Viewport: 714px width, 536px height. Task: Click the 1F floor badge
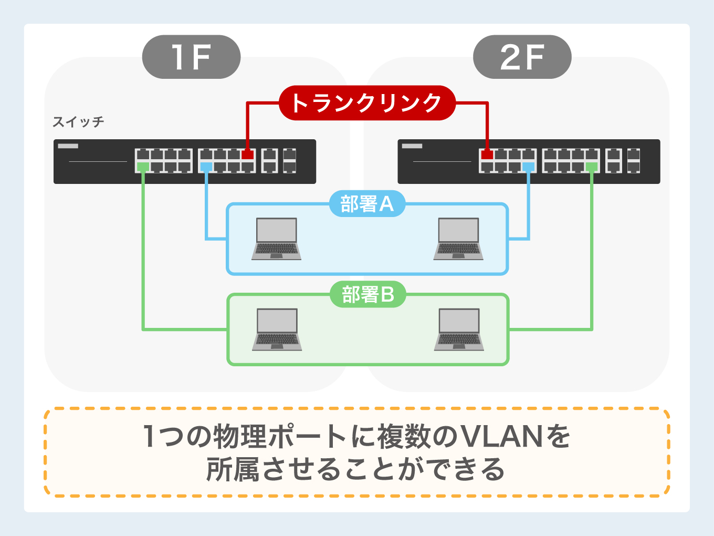191,57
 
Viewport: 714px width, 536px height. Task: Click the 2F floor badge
522,57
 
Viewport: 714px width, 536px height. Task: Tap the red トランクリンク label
366,102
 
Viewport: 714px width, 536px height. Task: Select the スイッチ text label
78,122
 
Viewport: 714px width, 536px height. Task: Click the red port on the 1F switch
247,154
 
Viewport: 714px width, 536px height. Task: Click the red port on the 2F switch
487,154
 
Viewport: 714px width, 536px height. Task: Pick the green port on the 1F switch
143,167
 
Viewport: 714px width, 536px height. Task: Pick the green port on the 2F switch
592,167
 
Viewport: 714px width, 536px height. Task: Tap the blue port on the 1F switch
206,167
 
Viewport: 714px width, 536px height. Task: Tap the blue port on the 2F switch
528,167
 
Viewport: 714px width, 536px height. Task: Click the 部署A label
367,204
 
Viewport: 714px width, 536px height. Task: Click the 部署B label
367,295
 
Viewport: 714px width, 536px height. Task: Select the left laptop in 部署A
277,239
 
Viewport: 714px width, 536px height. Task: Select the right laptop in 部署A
458,239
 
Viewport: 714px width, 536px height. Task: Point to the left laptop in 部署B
277,329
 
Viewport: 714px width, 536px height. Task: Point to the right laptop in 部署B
459,329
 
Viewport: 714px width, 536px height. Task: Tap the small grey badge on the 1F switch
68,146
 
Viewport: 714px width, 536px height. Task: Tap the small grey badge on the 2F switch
412,146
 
